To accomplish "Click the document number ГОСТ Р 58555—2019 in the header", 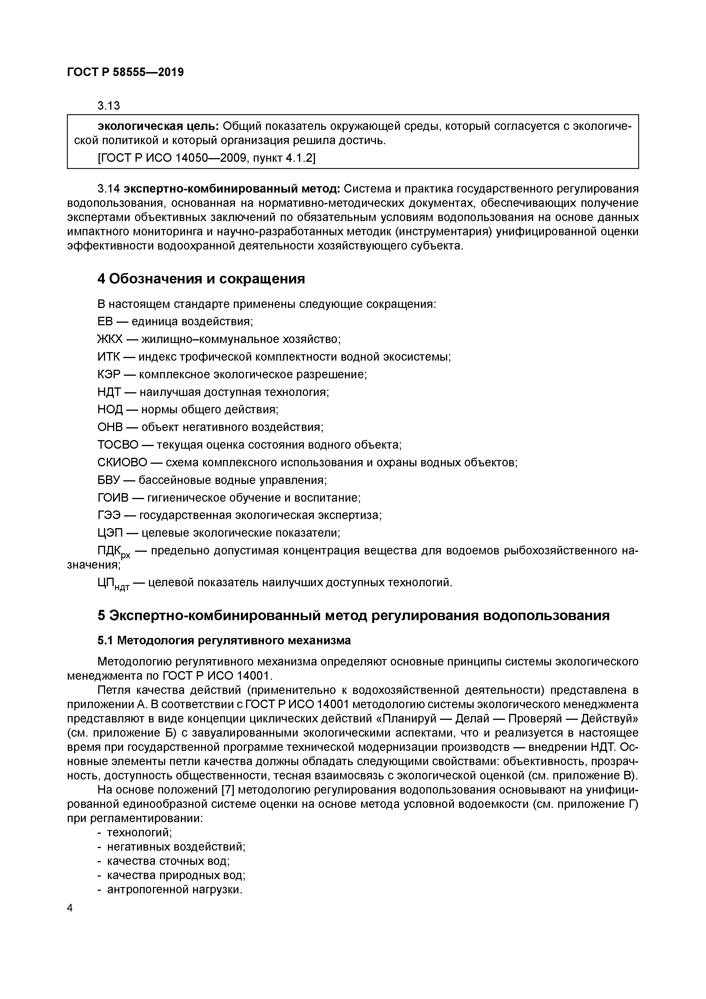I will point(125,72).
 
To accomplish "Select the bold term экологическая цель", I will point(158,126).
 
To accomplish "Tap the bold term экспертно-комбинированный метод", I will point(232,189).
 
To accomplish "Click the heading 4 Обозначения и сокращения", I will point(201,279).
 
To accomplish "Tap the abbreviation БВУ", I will point(108,480).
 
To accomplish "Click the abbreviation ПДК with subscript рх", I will point(113,552).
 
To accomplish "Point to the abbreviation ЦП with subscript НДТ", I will point(113,583).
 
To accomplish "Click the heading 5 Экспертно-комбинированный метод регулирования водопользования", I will point(353,615).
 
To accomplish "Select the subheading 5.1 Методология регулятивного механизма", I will point(224,640).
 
